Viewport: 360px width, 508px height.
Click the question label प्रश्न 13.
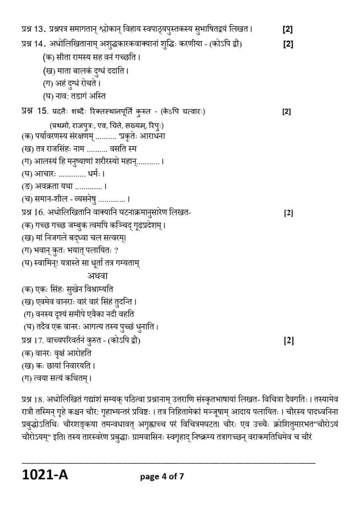[33, 29]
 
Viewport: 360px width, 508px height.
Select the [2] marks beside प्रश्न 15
[287, 111]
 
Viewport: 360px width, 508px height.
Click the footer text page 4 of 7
[162, 477]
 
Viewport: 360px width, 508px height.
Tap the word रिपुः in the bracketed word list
[155, 126]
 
